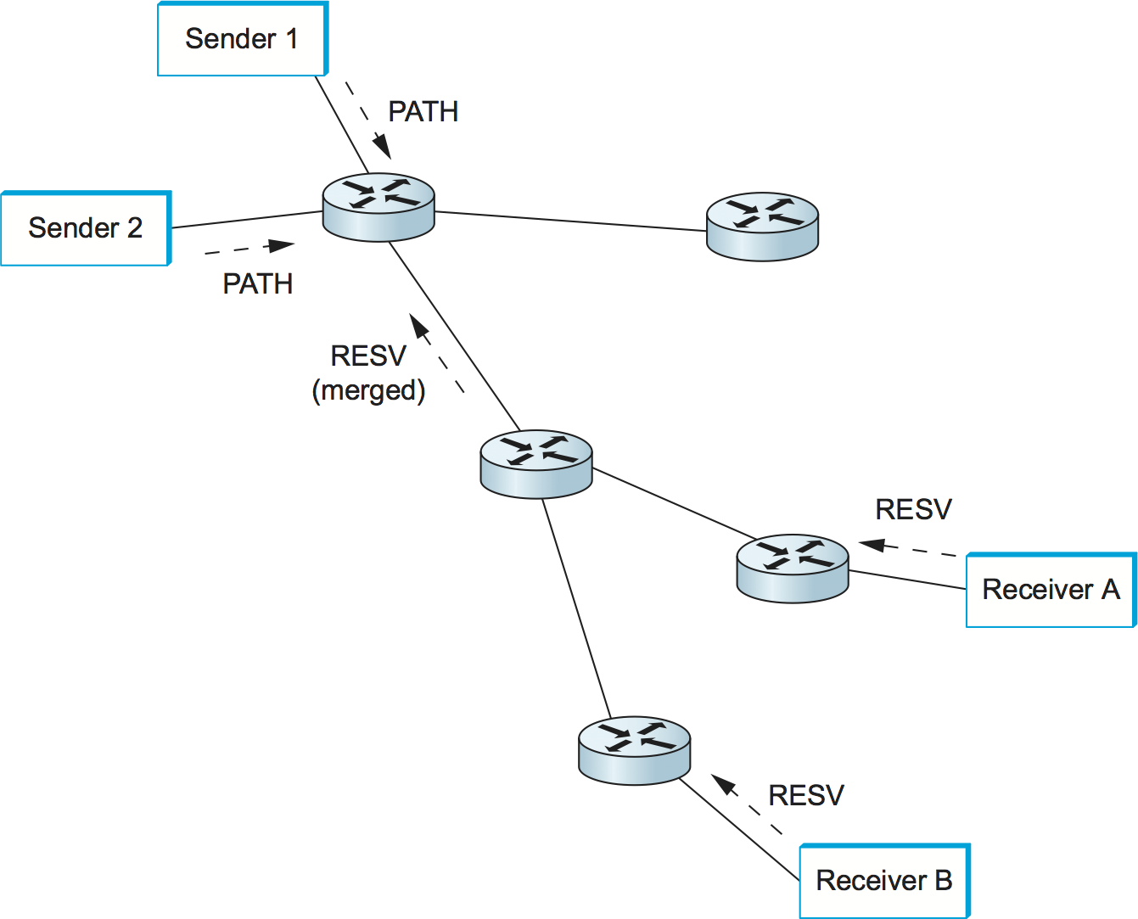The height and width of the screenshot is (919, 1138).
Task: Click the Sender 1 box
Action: tap(242, 39)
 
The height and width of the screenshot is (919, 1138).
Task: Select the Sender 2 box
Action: tap(85, 228)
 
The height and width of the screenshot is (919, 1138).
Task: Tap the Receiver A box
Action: tap(1050, 590)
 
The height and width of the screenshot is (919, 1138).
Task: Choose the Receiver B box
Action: tap(883, 881)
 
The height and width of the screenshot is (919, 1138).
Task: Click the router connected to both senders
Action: tap(378, 207)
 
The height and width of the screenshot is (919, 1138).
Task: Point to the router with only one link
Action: tap(762, 226)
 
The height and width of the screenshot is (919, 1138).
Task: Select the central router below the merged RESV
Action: tap(535, 463)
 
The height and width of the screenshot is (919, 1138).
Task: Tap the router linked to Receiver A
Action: tap(792, 569)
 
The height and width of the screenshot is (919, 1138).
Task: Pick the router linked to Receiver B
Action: tap(634, 750)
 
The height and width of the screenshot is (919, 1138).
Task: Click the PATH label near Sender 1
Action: tap(423, 112)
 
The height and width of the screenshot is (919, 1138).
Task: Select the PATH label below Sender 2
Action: tap(257, 283)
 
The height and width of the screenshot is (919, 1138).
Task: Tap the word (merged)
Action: tap(368, 390)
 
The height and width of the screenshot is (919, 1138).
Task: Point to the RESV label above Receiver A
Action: tap(913, 510)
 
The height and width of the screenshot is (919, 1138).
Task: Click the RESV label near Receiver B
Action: tap(805, 796)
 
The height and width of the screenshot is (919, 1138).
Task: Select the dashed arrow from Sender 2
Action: tap(249, 248)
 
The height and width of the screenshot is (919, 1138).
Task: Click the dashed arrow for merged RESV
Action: tap(437, 353)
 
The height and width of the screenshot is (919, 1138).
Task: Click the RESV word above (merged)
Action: tap(368, 356)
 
